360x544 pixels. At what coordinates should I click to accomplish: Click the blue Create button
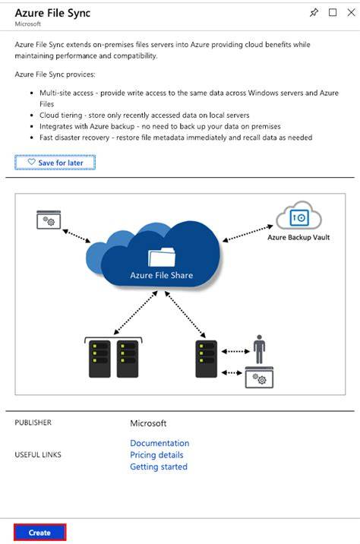[x=39, y=533]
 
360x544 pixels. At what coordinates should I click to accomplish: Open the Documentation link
[x=159, y=443]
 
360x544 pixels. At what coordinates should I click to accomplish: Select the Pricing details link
[x=156, y=455]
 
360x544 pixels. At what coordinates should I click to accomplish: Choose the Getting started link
[x=159, y=467]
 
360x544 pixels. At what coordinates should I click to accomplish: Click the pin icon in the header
[x=314, y=13]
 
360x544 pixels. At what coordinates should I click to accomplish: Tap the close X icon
[x=351, y=12]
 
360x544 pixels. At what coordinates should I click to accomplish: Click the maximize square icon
[x=333, y=12]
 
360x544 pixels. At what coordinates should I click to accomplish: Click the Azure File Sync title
[x=52, y=13]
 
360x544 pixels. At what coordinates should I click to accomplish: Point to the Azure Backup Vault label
[x=298, y=237]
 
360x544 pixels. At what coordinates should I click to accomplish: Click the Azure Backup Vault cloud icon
[x=298, y=216]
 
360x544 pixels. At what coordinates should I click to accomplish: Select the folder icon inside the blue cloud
[x=162, y=258]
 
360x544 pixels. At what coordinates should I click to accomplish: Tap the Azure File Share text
[x=161, y=275]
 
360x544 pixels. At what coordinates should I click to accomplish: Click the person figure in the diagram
[x=259, y=349]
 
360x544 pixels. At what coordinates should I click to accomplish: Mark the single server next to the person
[x=207, y=359]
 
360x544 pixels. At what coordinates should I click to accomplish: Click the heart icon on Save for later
[x=32, y=162]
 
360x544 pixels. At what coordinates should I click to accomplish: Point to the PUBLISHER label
[x=33, y=422]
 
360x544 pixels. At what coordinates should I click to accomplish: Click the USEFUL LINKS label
[x=38, y=454]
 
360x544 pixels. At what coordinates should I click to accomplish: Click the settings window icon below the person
[x=259, y=378]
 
